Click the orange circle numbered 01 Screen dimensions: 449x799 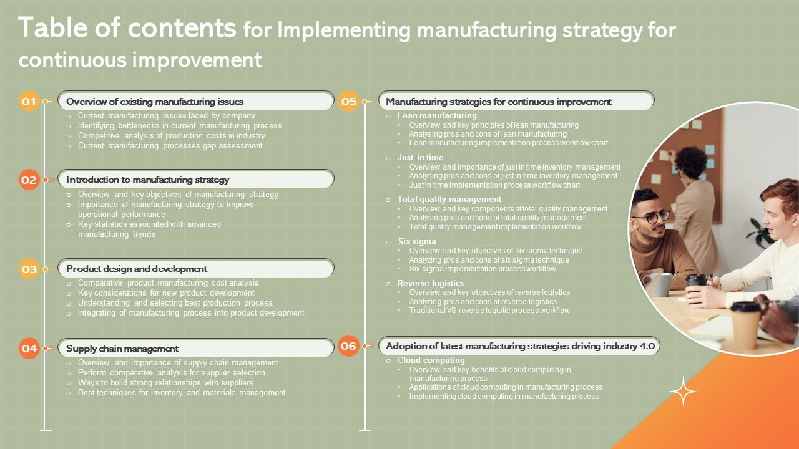[29, 101]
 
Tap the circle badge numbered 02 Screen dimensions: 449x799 [29, 180]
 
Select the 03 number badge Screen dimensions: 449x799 [29, 269]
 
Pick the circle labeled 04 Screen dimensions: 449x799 [29, 349]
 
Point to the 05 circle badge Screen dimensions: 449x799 [348, 102]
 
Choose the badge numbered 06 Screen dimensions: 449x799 [348, 346]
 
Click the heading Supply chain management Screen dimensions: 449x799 [122, 349]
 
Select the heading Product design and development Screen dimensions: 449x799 [137, 269]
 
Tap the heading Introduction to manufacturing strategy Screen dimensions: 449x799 [148, 180]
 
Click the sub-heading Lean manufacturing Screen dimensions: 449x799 [437, 115]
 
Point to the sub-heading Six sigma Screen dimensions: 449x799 [417, 241]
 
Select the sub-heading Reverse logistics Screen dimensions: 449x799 [431, 283]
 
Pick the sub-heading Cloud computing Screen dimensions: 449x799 [431, 360]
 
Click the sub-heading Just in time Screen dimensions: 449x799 [421, 157]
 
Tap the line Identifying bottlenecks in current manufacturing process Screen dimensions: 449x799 [180, 125]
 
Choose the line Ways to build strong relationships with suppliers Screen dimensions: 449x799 [165, 382]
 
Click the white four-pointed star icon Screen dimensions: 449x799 [683, 391]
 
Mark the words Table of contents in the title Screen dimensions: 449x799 [127, 28]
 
